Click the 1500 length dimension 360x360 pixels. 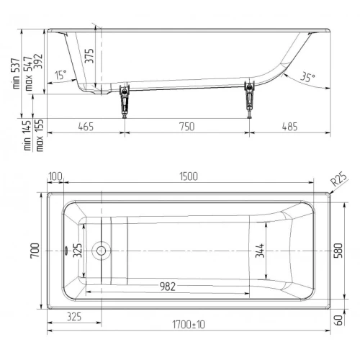(189, 176)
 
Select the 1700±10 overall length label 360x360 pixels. (189, 325)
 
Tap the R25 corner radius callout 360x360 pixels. (339, 179)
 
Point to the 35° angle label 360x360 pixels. (308, 77)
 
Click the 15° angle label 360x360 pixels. (60, 75)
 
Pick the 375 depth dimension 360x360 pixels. (89, 56)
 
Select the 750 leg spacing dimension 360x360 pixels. (187, 127)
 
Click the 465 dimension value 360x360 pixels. (86, 127)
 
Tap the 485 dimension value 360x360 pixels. (289, 127)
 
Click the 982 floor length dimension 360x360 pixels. (168, 287)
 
